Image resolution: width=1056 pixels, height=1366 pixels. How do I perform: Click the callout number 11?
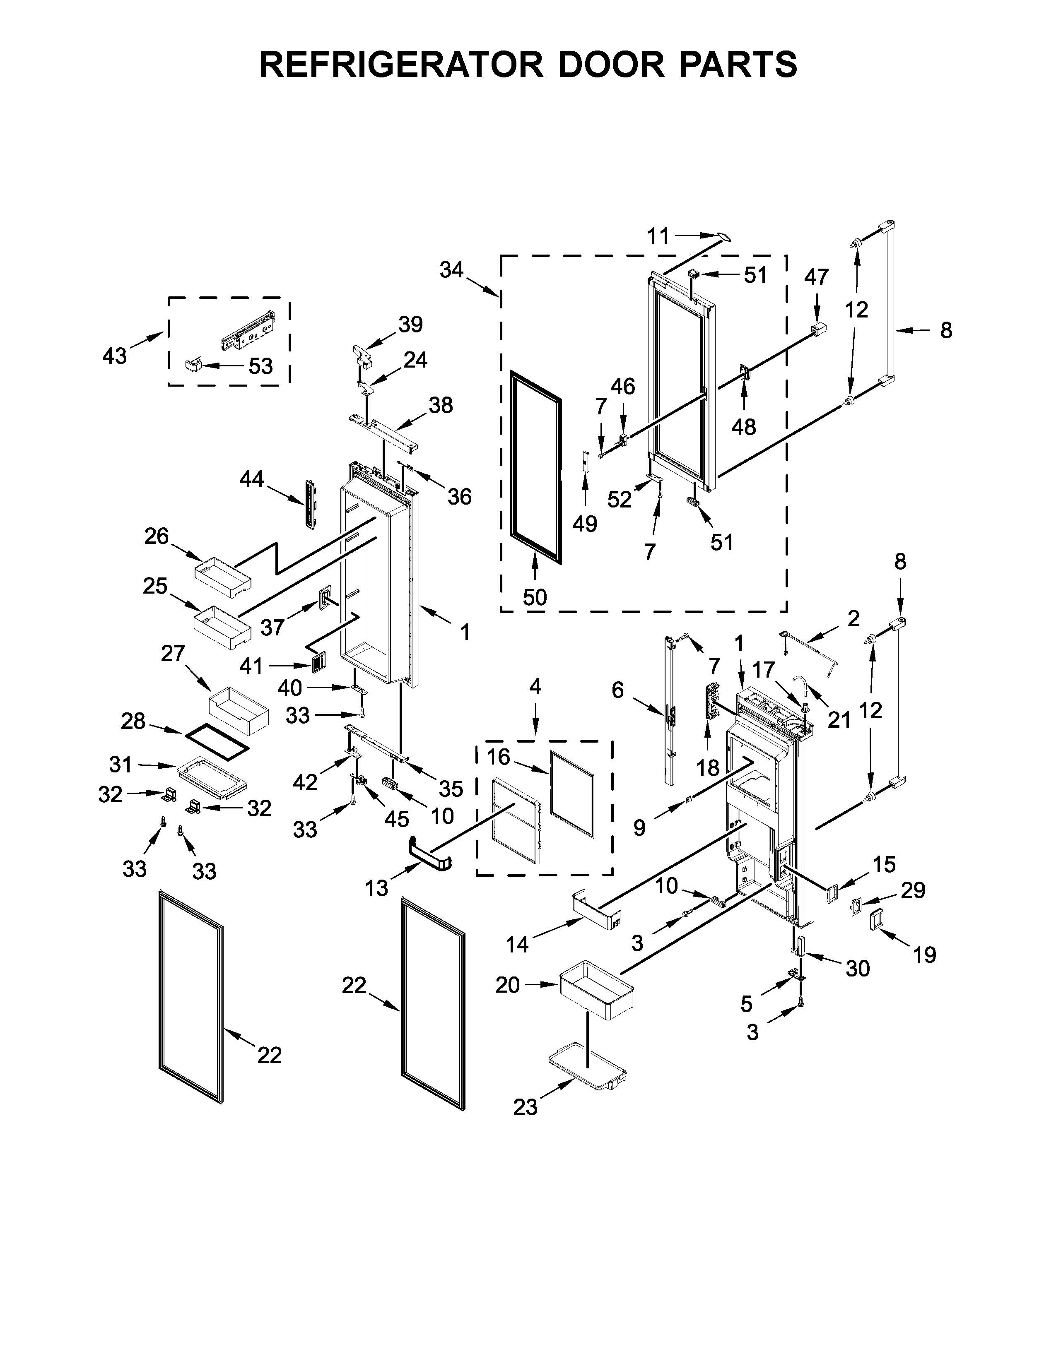(x=658, y=236)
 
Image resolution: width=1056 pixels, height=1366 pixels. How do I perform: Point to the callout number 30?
(x=858, y=968)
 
